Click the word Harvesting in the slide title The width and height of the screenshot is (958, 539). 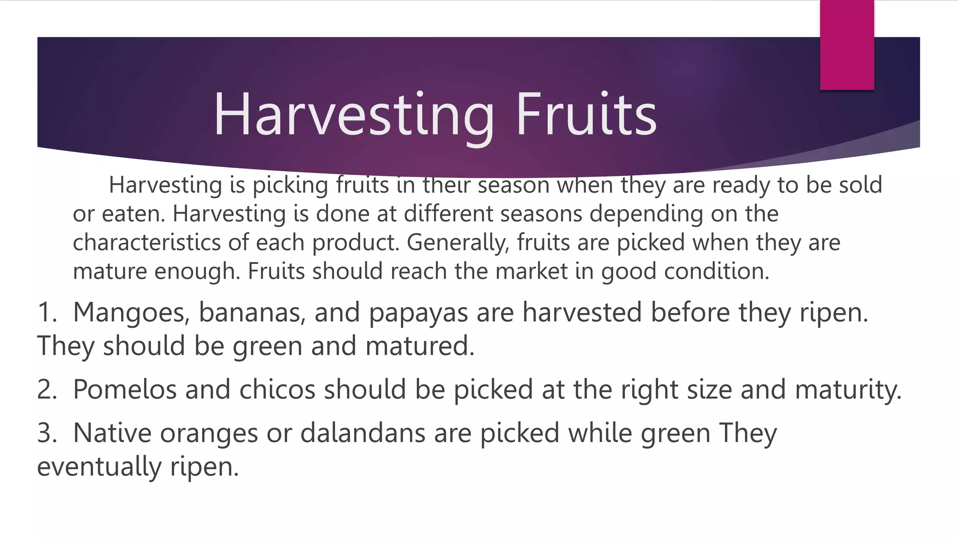(x=354, y=115)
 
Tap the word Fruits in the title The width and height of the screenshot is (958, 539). (x=587, y=115)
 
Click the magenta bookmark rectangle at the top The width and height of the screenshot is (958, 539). (x=847, y=45)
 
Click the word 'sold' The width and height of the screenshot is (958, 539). (x=860, y=185)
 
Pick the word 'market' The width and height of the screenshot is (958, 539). (x=531, y=271)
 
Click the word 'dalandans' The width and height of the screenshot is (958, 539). (x=363, y=433)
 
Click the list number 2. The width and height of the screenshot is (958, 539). (x=46, y=390)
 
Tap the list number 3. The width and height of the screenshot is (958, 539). (x=46, y=433)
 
